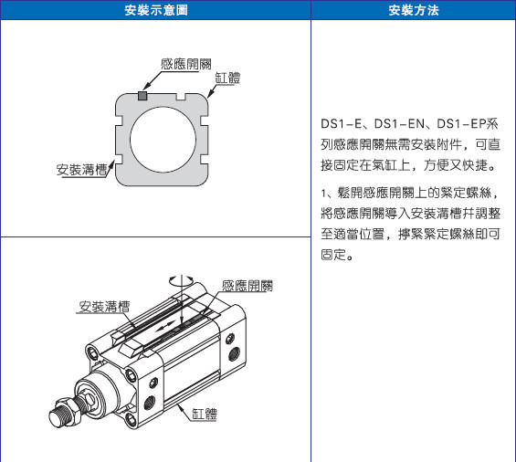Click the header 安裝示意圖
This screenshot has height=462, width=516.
point(156,10)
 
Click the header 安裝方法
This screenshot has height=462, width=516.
point(414,10)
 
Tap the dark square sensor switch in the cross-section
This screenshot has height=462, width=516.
point(142,96)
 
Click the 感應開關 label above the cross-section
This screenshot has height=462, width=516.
point(186,64)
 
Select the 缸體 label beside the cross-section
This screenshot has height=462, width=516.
point(227,78)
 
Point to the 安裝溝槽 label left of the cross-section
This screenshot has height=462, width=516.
point(82,170)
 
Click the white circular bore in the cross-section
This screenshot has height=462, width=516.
point(163,140)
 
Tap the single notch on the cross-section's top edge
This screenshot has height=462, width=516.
point(181,97)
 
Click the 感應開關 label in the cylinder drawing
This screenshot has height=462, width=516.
point(247,286)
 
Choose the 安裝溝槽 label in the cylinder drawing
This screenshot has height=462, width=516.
point(104,307)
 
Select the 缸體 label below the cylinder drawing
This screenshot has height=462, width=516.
point(205,414)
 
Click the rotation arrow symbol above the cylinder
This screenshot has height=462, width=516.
point(181,280)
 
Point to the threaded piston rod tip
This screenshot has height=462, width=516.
point(58,418)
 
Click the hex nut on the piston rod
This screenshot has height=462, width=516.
point(68,411)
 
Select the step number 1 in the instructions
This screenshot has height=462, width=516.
point(323,194)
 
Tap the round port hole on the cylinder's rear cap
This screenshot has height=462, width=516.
point(235,354)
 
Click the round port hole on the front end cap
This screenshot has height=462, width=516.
point(150,403)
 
